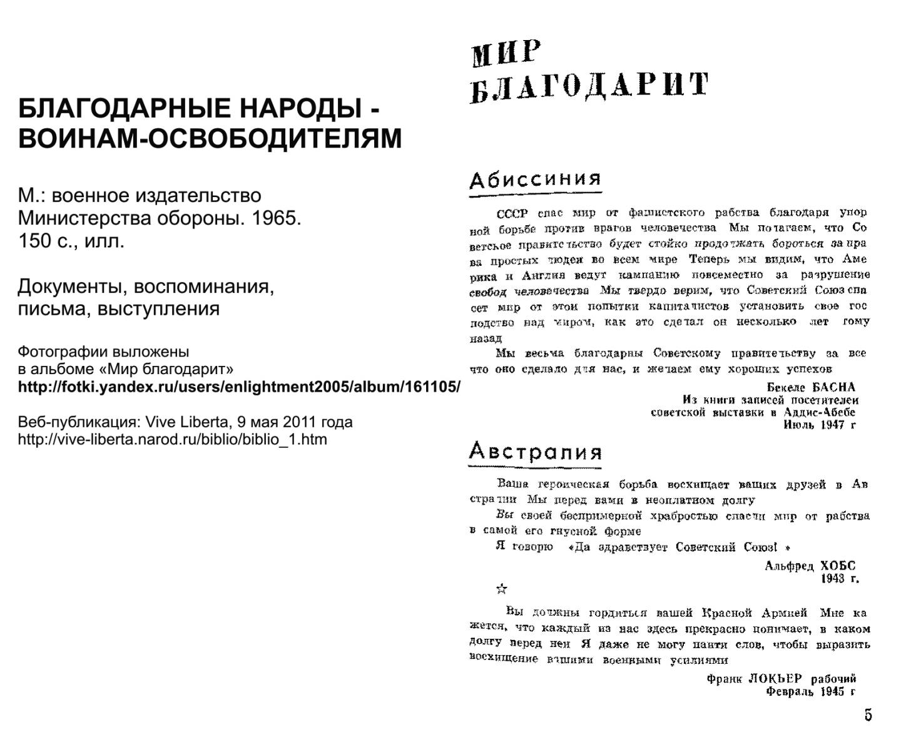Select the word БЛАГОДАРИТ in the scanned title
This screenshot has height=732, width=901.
[589, 87]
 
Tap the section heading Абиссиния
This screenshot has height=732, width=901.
[535, 180]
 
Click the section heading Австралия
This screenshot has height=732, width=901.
[535, 451]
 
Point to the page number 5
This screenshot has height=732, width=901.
[868, 714]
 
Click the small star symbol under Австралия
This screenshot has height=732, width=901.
[501, 589]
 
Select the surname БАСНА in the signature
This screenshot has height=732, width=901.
[833, 387]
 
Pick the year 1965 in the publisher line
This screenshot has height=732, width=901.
[277, 218]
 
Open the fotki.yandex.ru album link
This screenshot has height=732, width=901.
[239, 387]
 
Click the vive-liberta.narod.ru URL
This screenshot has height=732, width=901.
[172, 439]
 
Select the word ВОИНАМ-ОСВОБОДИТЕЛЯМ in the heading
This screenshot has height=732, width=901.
[210, 138]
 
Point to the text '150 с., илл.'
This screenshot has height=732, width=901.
[71, 241]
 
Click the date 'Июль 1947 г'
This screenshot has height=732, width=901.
[819, 425]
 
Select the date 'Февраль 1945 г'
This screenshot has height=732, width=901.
[811, 692]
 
